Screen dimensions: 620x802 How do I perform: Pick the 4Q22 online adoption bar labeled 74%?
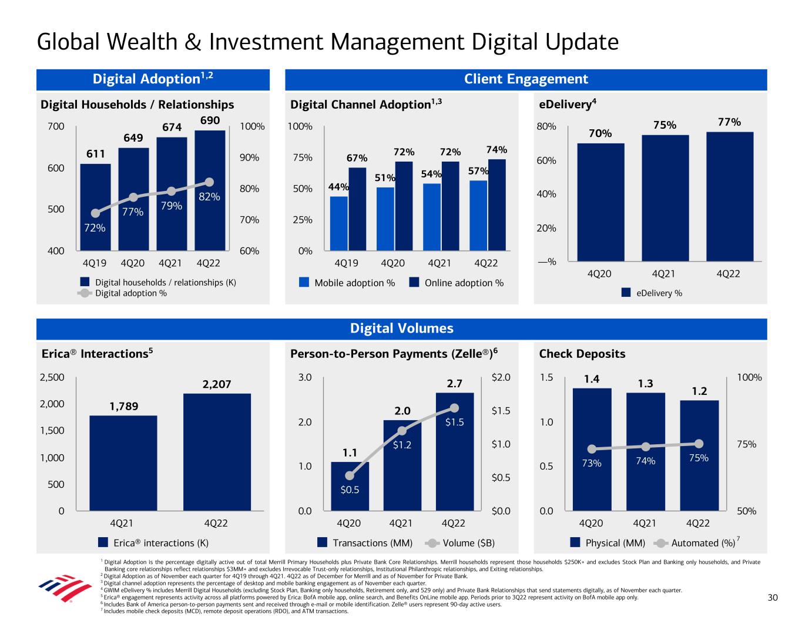pyautogui.click(x=497, y=206)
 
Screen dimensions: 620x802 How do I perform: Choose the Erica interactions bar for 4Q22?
pyautogui.click(x=217, y=452)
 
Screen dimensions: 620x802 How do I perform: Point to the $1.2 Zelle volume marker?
pyautogui.click(x=402, y=431)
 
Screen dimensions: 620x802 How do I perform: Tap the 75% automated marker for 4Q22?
pyautogui.click(x=699, y=443)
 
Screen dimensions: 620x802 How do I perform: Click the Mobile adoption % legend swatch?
pyautogui.click(x=304, y=283)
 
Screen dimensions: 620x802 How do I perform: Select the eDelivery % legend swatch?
pyautogui.click(x=626, y=293)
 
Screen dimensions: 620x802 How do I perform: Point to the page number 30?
pyautogui.click(x=773, y=598)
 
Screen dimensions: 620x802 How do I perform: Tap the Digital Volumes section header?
pyautogui.click(x=402, y=329)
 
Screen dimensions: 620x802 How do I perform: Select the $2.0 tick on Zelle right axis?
pyautogui.click(x=501, y=377)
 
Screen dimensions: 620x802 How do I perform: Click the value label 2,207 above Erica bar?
pyautogui.click(x=217, y=384)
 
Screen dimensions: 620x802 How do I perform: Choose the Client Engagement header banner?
pyautogui.click(x=526, y=79)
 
